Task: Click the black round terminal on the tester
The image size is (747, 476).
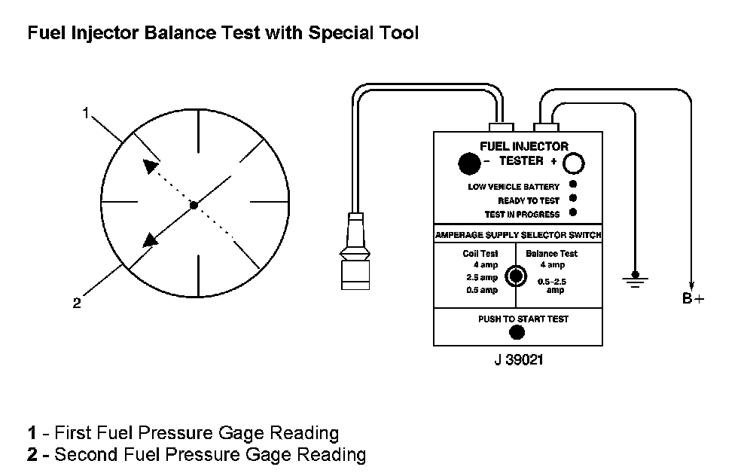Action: pyautogui.click(x=468, y=163)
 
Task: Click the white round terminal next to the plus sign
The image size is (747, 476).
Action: pyautogui.click(x=575, y=163)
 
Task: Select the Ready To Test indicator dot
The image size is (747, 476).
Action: pyautogui.click(x=573, y=200)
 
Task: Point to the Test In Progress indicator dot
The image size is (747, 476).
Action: pyautogui.click(x=573, y=214)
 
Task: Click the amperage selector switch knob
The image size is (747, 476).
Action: pyautogui.click(x=515, y=276)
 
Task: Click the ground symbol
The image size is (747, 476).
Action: pyautogui.click(x=635, y=281)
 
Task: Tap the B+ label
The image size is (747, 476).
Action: pyautogui.click(x=693, y=299)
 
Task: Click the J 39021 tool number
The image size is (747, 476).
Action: pyautogui.click(x=518, y=361)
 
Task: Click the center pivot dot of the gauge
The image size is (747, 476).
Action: pyautogui.click(x=194, y=205)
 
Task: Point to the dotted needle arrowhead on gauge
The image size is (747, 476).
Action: pyautogui.click(x=151, y=166)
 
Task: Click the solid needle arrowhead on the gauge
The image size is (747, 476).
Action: pyautogui.click(x=151, y=239)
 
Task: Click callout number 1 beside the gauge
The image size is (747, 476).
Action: pyautogui.click(x=86, y=113)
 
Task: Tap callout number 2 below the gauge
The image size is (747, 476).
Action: pyautogui.click(x=76, y=304)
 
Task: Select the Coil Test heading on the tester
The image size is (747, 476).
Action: pyautogui.click(x=480, y=254)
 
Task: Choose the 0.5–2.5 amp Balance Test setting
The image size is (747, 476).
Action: pyautogui.click(x=554, y=285)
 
